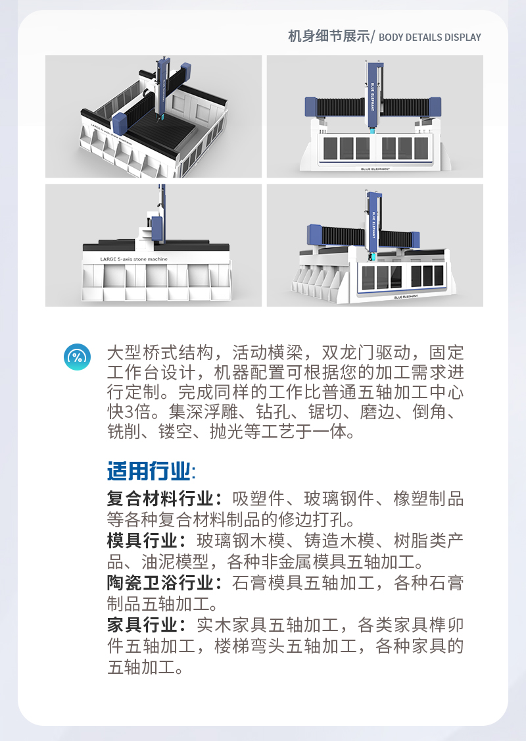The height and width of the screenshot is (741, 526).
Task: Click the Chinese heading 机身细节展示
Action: [329, 37]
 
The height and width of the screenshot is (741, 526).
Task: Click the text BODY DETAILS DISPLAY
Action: [430, 38]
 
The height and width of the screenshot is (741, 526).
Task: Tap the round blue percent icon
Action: [78, 357]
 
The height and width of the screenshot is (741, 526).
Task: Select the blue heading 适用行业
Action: [149, 471]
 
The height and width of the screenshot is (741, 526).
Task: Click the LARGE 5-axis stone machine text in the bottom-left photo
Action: [133, 259]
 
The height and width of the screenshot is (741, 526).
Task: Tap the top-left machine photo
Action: [153, 116]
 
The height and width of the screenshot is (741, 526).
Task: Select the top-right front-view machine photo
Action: [375, 116]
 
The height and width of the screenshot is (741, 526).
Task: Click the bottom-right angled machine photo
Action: [375, 245]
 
